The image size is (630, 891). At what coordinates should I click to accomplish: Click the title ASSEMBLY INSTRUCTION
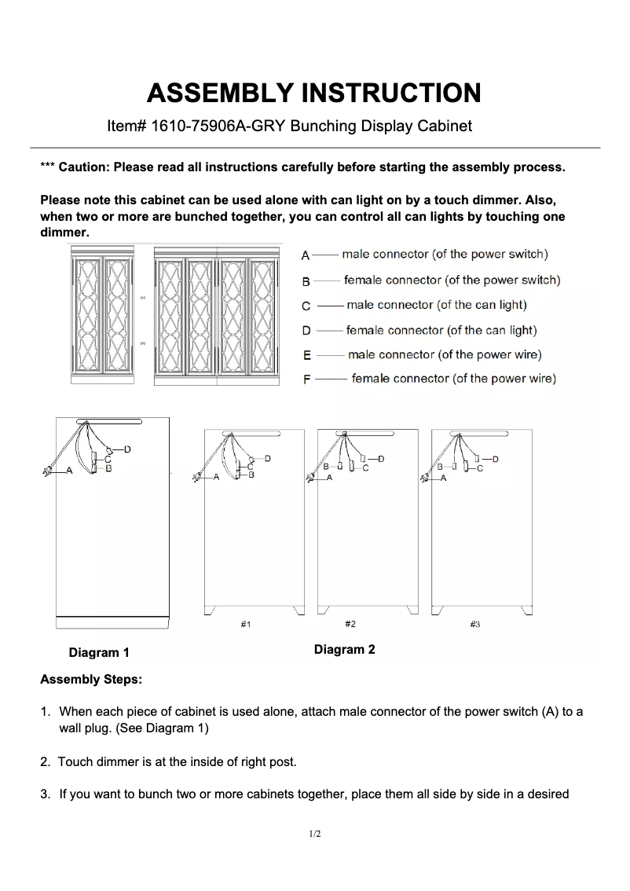[314, 93]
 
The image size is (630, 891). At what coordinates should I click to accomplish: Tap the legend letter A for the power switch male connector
[306, 255]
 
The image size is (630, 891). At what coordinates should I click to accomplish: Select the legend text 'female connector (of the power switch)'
[452, 280]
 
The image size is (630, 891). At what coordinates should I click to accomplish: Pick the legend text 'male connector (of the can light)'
[436, 305]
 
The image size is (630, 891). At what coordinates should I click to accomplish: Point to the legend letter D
[306, 331]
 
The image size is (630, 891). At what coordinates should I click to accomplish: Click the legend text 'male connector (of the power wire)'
[445, 354]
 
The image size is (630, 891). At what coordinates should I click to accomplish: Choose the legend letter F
[306, 379]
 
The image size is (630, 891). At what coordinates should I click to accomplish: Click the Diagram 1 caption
[99, 653]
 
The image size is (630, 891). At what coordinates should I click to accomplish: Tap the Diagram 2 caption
[344, 649]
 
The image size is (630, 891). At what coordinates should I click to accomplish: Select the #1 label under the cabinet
[245, 624]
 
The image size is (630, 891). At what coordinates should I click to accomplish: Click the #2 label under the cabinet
[350, 624]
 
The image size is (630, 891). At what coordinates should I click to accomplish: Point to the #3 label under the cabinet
[474, 624]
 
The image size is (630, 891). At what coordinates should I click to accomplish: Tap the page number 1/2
[314, 834]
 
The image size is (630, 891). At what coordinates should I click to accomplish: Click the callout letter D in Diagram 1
[127, 449]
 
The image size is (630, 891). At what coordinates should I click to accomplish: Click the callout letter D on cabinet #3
[496, 458]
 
